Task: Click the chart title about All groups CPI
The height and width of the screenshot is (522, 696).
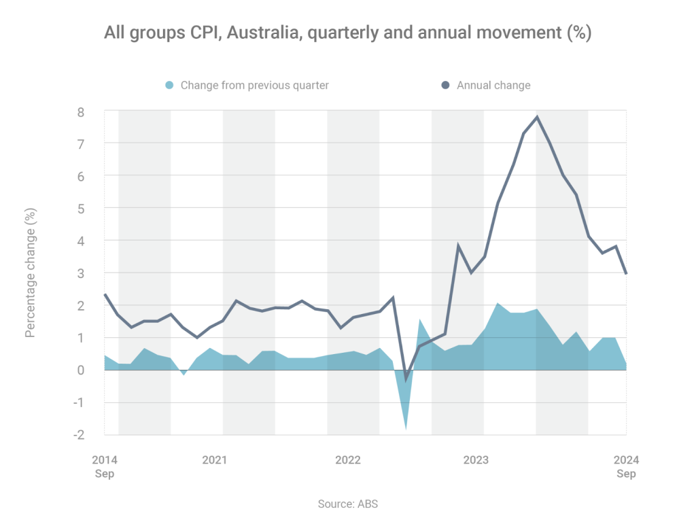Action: tap(347, 33)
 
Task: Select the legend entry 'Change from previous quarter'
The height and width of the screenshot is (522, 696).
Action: tap(254, 85)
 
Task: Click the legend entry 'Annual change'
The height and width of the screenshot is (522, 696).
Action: tap(493, 85)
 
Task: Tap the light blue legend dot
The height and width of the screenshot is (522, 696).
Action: tap(170, 85)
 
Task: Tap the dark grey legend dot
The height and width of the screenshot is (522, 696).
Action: tap(445, 85)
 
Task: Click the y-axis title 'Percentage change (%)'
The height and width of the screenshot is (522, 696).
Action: tap(31, 273)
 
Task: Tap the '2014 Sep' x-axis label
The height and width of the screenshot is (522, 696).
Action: tap(104, 466)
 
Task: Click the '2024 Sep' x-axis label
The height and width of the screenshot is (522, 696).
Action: tap(626, 466)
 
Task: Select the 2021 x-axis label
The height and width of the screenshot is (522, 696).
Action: tap(214, 460)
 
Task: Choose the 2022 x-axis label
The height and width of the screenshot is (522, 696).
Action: tap(348, 460)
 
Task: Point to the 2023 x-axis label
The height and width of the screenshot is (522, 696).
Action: tap(476, 460)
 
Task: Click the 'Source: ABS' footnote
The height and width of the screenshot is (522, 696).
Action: tap(347, 504)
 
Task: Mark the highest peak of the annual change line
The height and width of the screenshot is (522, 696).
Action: tap(537, 117)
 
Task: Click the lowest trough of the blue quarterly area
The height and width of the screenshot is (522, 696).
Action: tap(406, 429)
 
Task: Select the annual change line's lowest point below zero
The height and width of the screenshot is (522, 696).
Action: tap(406, 379)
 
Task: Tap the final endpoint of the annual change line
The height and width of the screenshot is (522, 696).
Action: tap(625, 273)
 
